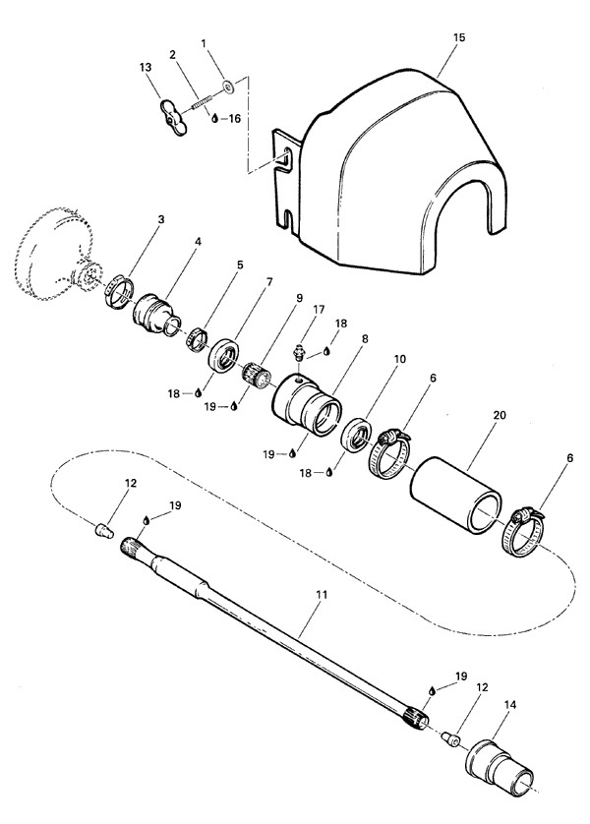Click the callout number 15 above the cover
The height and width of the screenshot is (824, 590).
click(458, 37)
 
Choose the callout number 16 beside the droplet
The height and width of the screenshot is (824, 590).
click(234, 119)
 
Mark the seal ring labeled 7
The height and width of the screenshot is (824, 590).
click(224, 356)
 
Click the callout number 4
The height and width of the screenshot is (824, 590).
click(198, 241)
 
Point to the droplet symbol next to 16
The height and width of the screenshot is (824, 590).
click(214, 119)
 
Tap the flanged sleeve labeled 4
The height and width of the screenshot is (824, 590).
click(156, 315)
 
